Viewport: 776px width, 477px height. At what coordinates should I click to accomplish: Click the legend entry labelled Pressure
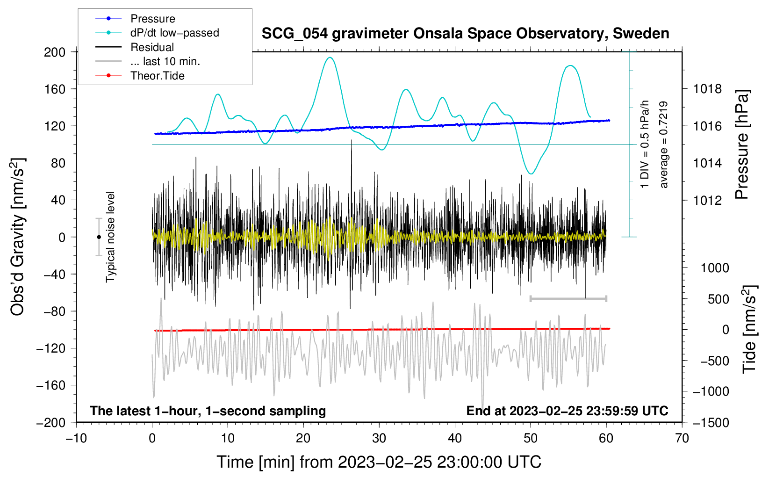point(152,19)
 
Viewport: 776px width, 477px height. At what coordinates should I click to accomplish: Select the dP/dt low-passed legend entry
point(174,33)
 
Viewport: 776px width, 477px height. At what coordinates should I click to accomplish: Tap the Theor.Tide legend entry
point(157,76)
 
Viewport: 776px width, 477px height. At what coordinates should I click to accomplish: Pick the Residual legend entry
point(152,47)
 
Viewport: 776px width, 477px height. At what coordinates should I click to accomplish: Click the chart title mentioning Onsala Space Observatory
point(465,34)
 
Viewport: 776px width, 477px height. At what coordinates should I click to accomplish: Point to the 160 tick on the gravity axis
point(55,89)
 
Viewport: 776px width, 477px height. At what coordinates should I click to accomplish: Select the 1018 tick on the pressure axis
point(707,89)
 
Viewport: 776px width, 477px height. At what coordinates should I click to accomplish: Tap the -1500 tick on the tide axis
point(711,422)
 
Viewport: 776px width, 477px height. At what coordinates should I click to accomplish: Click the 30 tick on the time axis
point(379,438)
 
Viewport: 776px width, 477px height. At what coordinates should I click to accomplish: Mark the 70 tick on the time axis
point(682,438)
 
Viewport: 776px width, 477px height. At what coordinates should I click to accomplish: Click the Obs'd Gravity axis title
point(18,237)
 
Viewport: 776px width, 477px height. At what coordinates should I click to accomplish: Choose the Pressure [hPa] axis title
point(742,145)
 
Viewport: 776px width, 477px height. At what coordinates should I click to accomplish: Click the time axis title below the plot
point(379,462)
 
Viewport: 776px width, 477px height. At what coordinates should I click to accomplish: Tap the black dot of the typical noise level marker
point(99,237)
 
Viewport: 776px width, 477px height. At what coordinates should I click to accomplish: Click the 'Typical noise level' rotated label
point(110,237)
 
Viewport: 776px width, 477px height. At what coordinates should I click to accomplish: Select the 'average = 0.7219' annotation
point(663,145)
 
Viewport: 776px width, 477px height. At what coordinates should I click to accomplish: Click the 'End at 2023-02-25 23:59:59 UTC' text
point(567,411)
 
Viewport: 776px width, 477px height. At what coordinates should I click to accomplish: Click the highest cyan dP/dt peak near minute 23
point(331,58)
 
